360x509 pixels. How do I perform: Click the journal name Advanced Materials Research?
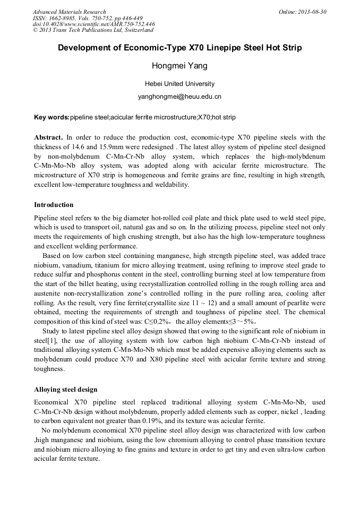click(69, 12)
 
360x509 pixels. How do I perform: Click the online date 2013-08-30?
click(302, 12)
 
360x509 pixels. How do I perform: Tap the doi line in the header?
click(93, 24)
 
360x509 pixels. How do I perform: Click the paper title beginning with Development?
click(179, 48)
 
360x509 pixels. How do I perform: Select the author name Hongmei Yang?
click(179, 66)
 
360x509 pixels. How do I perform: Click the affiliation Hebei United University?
click(179, 84)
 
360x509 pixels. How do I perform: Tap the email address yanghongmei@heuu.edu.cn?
click(179, 97)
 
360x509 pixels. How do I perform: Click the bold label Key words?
click(52, 117)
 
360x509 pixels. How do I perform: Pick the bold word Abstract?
click(48, 136)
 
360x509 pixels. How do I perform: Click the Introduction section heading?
click(54, 205)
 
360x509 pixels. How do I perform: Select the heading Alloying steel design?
click(65, 390)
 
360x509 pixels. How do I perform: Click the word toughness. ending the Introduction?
click(49, 369)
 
